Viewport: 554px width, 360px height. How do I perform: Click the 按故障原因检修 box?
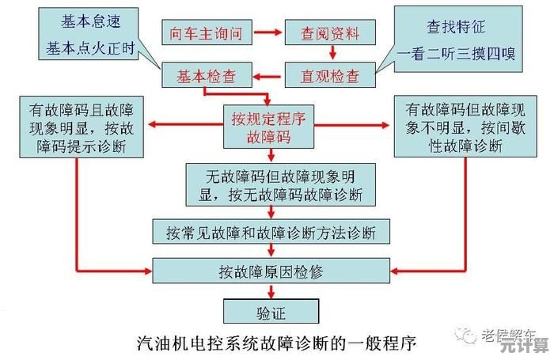(271, 271)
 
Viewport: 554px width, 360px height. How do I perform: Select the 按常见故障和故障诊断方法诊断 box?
(271, 232)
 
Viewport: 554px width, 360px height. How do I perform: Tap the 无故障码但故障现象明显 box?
(271, 184)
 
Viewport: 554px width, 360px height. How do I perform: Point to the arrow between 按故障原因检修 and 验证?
(271, 291)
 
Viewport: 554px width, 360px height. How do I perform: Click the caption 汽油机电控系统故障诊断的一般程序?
(271, 344)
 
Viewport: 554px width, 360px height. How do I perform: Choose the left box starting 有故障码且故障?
(76, 126)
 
